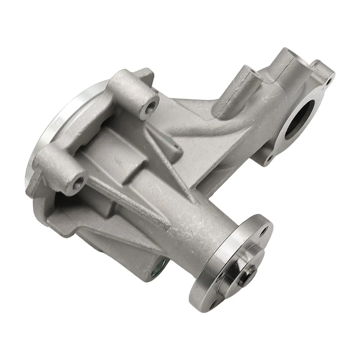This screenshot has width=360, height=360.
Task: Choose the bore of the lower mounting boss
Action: coord(79,183)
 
